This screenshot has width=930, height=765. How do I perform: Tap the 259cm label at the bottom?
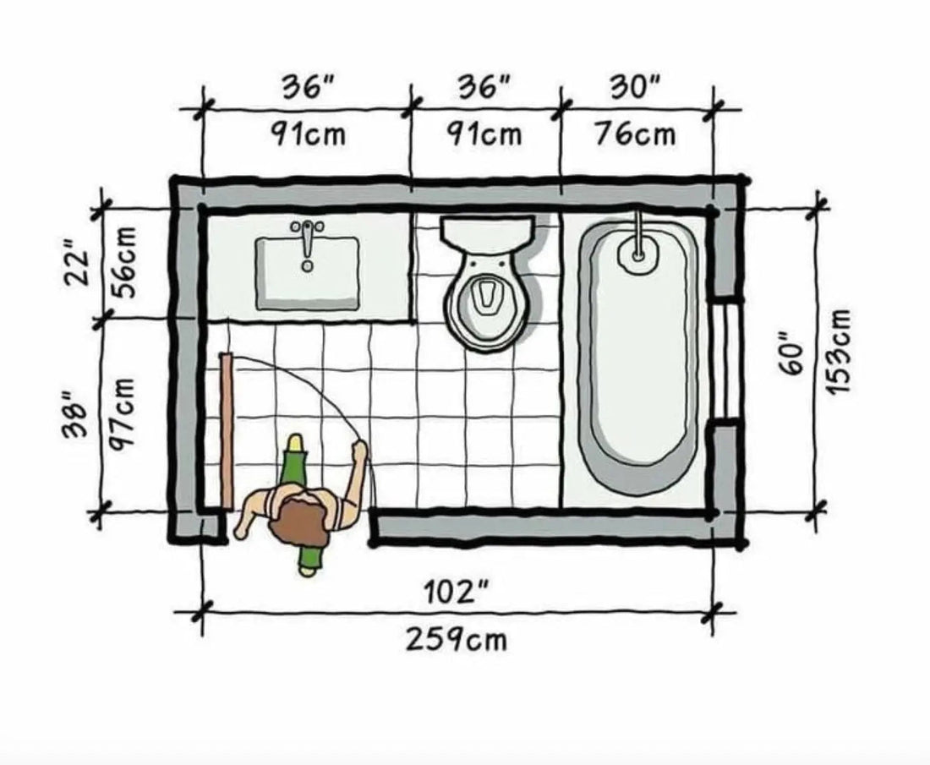[x=457, y=639]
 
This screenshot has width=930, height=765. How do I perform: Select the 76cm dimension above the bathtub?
[x=635, y=134]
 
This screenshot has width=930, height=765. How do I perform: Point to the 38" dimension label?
[x=76, y=415]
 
